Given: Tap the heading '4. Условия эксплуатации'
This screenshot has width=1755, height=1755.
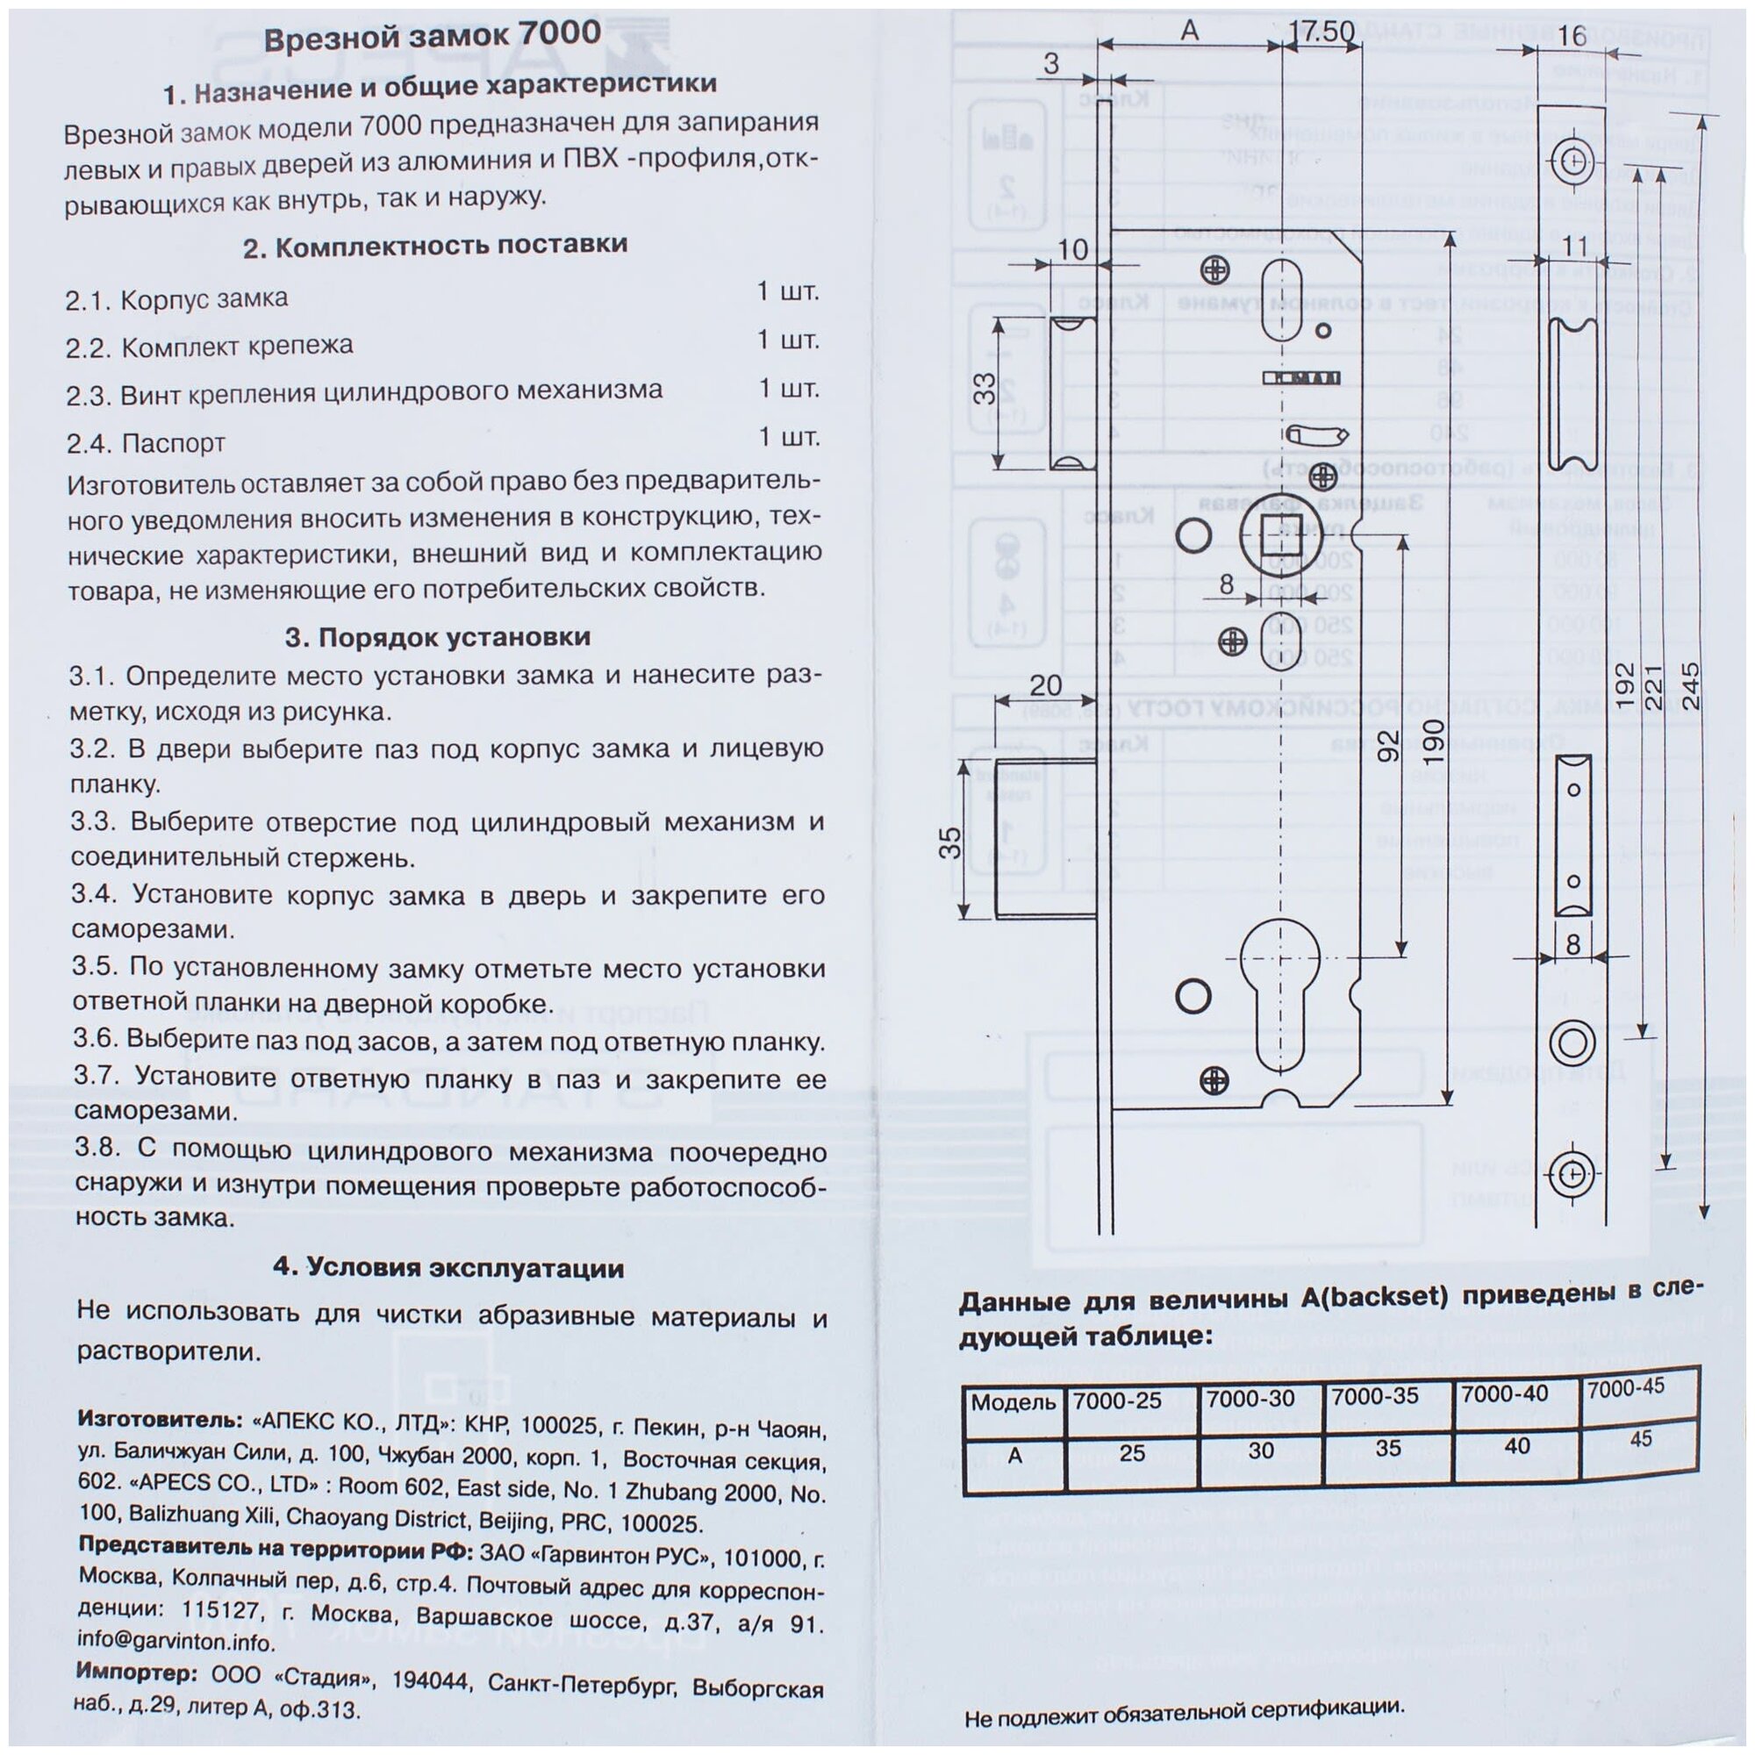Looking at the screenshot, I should coord(448,1268).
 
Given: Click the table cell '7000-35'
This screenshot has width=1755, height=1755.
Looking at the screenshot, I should coord(1375,1396).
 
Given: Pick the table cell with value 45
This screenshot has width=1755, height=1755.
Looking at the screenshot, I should coord(1641,1439).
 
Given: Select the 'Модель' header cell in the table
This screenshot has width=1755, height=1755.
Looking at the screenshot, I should coord(1013,1402).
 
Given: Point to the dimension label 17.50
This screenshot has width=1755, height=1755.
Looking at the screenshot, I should coord(1322,32).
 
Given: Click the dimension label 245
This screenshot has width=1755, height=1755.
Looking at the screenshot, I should coord(1691,686).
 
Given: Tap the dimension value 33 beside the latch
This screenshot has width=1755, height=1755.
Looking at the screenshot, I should coord(985,389).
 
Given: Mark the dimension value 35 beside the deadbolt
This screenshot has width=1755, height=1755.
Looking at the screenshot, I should coord(949,842).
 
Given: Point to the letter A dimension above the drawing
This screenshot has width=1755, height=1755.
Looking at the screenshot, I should coord(1189,31).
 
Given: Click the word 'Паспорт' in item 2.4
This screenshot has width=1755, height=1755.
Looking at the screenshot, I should coord(173,443).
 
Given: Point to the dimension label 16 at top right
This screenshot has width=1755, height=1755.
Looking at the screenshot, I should coord(1571,35).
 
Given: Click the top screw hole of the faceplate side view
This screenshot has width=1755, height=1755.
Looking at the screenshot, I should coord(1573,162).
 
